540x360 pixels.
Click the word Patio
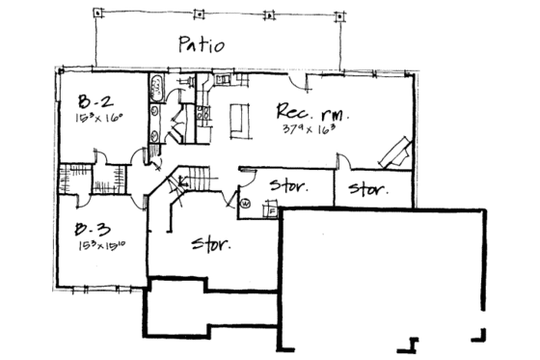[x=202, y=44]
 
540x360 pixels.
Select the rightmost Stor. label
[x=368, y=187]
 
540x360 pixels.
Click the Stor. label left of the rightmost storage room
[x=287, y=186]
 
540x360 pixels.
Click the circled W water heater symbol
[x=244, y=204]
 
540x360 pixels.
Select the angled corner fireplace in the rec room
[x=395, y=152]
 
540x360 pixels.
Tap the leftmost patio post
[x=99, y=14]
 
